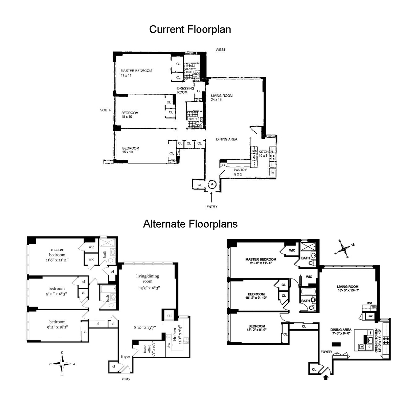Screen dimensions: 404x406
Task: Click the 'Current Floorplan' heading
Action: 190,29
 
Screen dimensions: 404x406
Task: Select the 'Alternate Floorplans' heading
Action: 190,224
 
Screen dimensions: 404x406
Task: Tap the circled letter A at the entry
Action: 212,184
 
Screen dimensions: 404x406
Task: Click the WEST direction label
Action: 221,50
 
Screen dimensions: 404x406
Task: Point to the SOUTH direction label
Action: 106,110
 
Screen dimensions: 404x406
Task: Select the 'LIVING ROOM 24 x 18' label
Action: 222,97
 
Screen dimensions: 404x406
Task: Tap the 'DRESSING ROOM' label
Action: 185,90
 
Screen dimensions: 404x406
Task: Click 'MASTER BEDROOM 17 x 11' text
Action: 136,73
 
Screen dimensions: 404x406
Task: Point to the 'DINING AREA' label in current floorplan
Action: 226,139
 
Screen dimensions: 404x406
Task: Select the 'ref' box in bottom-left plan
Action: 169,315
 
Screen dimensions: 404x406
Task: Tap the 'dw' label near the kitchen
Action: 168,345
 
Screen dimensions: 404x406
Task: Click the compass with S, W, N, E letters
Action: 62,364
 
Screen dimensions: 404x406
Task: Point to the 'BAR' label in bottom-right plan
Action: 369,303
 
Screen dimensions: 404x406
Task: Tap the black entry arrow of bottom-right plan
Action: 326,377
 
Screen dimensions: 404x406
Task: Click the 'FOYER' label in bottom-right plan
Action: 326,352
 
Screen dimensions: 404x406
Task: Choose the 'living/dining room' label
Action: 148,278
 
